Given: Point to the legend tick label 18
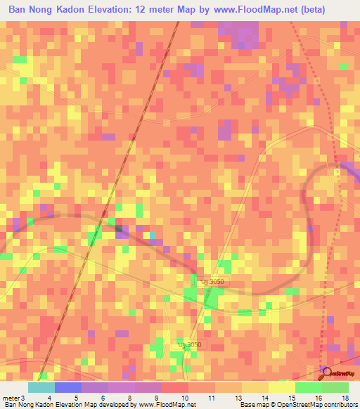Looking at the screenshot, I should (x=345, y=398).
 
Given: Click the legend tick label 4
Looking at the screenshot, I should (x=49, y=398).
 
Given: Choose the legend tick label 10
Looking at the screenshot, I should (x=184, y=398).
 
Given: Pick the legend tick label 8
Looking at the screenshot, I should (x=130, y=398).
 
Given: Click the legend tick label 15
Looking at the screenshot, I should (x=291, y=398).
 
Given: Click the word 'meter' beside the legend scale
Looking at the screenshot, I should (x=11, y=398).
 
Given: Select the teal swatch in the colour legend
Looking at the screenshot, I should (x=41, y=387).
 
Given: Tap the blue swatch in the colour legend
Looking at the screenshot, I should (x=67, y=387).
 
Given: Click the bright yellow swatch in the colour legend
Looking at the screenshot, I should (x=282, y=387).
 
